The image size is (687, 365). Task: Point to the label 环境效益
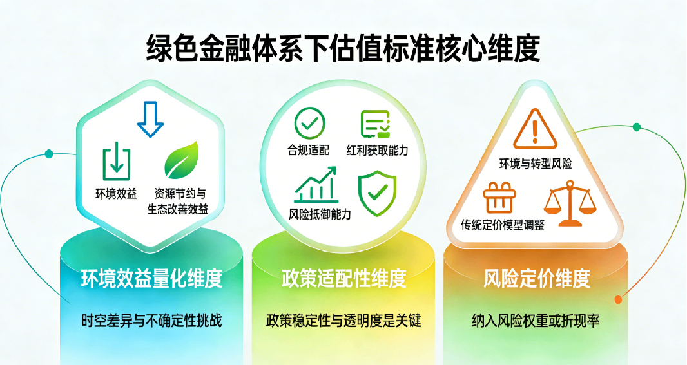(x=116, y=193)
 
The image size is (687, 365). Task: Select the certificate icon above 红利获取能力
(x=376, y=124)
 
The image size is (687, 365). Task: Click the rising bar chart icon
(x=315, y=185)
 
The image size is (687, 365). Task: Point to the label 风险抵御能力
(x=320, y=214)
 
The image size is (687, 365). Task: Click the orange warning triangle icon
(x=536, y=128)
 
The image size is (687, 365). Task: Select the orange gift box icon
(x=498, y=197)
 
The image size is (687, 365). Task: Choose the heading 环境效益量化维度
(x=151, y=278)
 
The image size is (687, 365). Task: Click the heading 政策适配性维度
(x=343, y=278)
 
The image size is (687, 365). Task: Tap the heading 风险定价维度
(x=536, y=278)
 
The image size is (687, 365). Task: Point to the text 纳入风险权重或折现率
(x=536, y=320)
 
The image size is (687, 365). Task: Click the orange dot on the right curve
(x=619, y=299)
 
